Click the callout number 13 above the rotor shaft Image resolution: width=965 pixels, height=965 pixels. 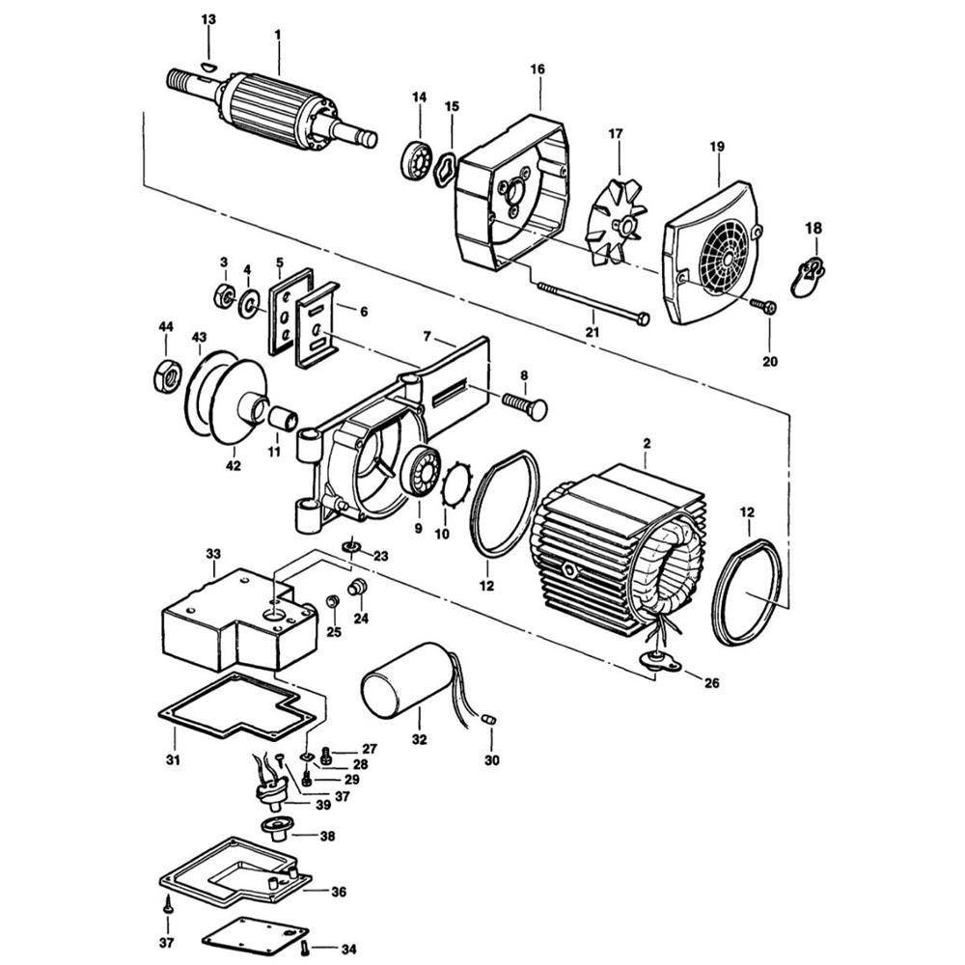click(x=208, y=19)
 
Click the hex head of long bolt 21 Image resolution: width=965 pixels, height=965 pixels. click(x=643, y=318)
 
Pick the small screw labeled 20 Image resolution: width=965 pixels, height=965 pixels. click(x=763, y=305)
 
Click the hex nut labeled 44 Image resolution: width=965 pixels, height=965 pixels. click(x=167, y=376)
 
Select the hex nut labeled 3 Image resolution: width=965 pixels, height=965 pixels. click(x=224, y=297)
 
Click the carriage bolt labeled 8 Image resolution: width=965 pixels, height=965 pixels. click(x=524, y=405)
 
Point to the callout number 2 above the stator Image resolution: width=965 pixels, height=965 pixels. click(x=647, y=443)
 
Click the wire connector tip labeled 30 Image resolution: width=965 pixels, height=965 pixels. click(x=488, y=719)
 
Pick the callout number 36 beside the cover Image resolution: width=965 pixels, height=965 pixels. click(x=339, y=892)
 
